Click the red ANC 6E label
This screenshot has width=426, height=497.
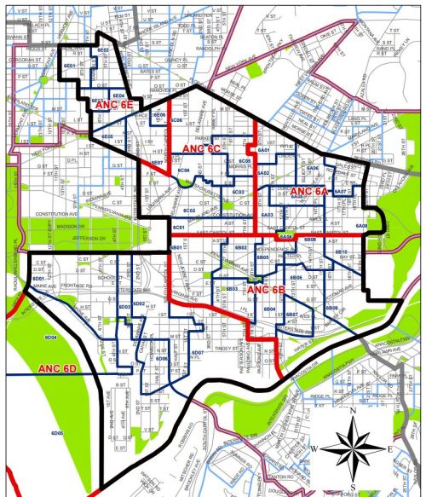[116, 104]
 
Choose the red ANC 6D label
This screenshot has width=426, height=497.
[57, 368]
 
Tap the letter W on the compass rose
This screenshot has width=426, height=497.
[315, 448]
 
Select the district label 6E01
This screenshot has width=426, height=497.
[70, 65]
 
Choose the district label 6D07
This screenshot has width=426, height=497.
[197, 352]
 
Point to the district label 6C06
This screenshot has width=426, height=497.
[177, 121]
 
